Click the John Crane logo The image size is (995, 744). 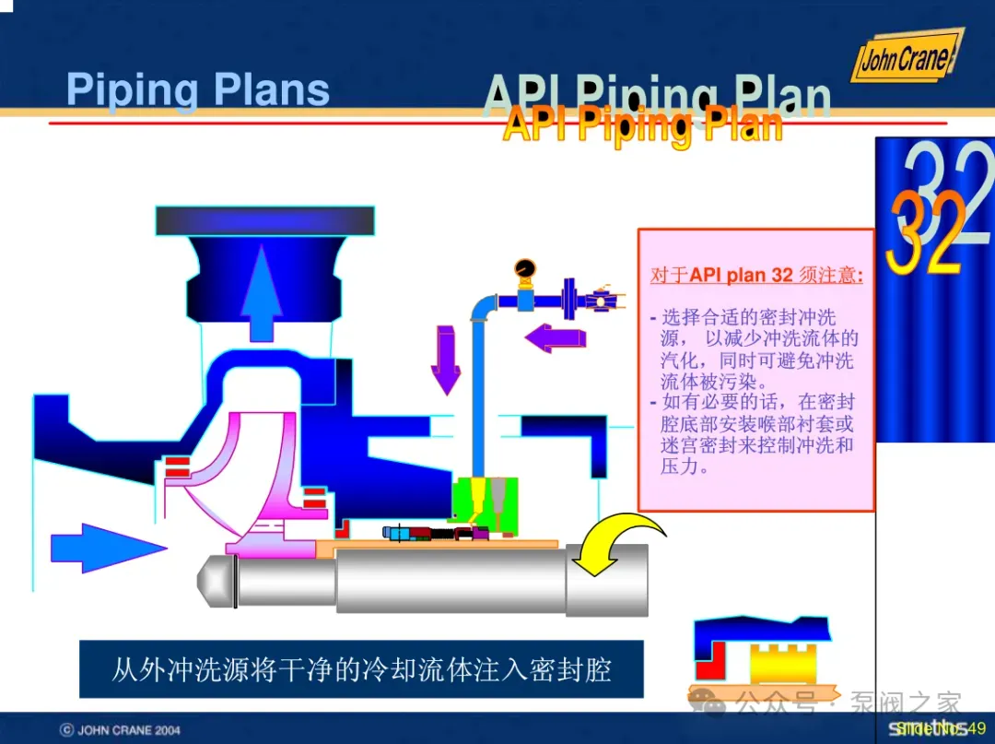click(905, 58)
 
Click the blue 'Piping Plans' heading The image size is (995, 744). click(198, 90)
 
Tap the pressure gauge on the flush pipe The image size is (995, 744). click(526, 268)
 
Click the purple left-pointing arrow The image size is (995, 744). click(556, 337)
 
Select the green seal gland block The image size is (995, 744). click(484, 505)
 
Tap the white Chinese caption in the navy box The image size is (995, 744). click(361, 668)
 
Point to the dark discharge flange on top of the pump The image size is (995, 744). click(265, 220)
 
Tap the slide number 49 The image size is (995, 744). click(977, 728)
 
